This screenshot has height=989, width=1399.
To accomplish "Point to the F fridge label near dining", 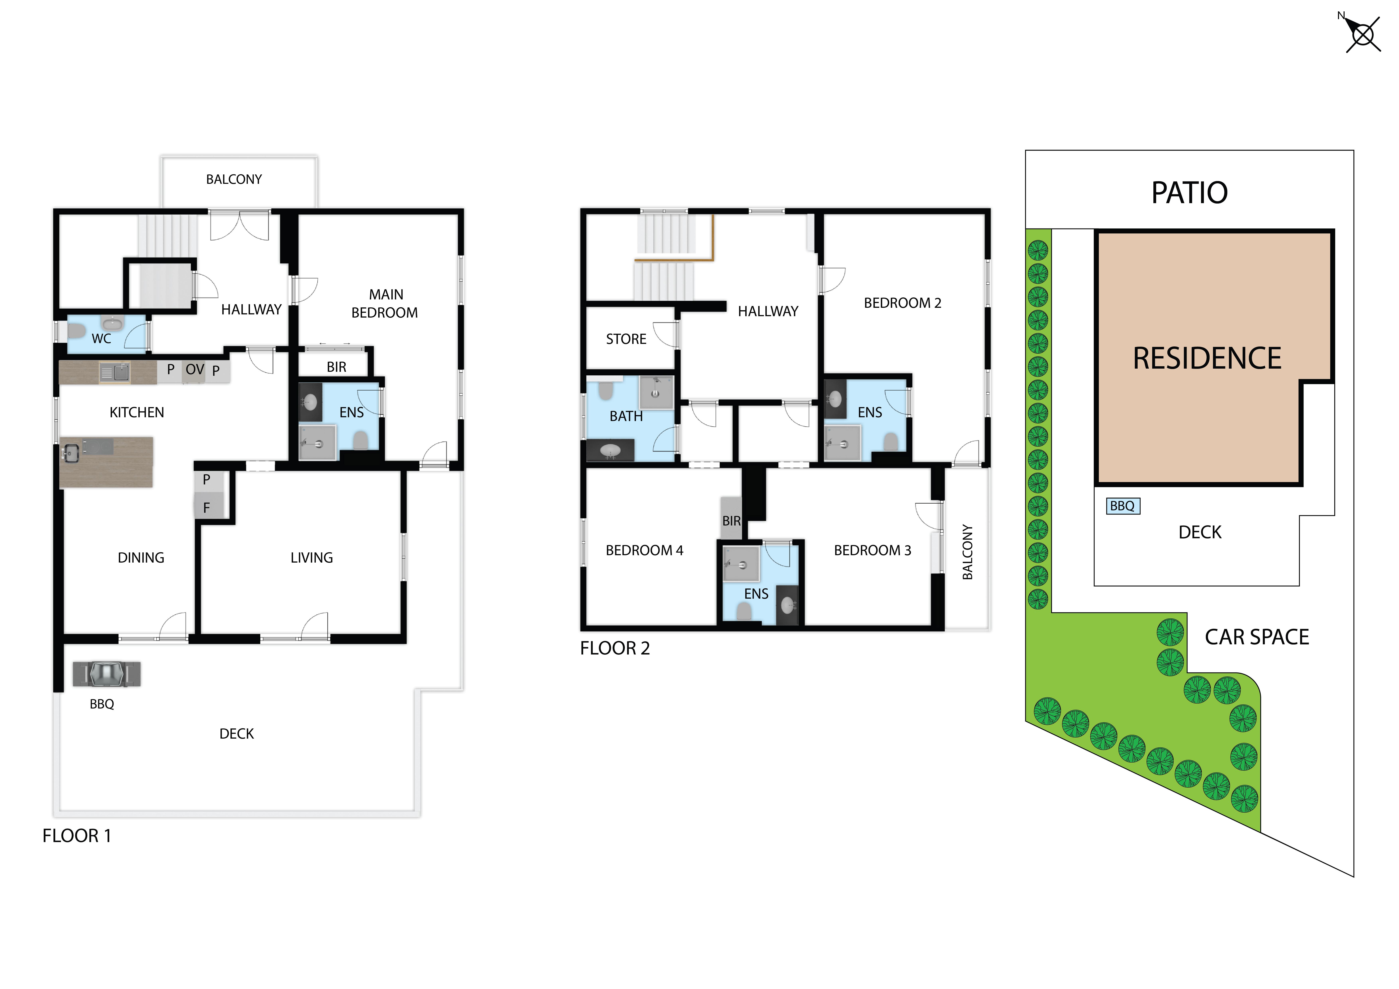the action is (x=207, y=508).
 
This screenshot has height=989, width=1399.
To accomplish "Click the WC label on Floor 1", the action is (x=101, y=339).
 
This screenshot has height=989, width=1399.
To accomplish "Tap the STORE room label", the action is (x=626, y=339).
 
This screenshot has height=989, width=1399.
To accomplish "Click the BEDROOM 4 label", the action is (x=644, y=550).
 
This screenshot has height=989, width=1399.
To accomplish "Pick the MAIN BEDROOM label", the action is (x=385, y=303).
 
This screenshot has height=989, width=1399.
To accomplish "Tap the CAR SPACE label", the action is (x=1257, y=637).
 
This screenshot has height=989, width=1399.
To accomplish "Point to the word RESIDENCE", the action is (x=1207, y=358).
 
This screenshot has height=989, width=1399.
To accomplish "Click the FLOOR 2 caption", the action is (x=615, y=648).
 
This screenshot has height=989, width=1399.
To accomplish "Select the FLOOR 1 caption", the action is (x=77, y=835).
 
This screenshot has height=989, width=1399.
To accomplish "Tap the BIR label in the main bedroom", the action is (x=336, y=367).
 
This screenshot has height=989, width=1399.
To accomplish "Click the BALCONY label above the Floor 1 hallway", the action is (x=234, y=179).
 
